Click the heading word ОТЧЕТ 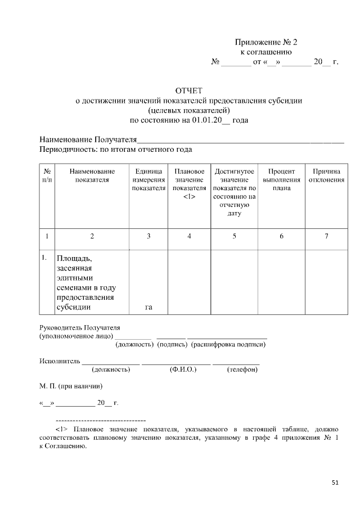click(x=189, y=91)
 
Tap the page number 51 click(x=335, y=482)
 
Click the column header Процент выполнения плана click(x=281, y=179)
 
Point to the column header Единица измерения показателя click(x=148, y=179)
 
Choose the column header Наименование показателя click(x=92, y=175)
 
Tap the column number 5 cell click(x=235, y=236)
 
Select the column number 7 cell click(x=326, y=236)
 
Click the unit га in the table click(x=148, y=307)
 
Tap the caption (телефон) click(x=242, y=370)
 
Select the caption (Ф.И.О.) click(x=183, y=370)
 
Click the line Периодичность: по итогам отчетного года click(x=116, y=150)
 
